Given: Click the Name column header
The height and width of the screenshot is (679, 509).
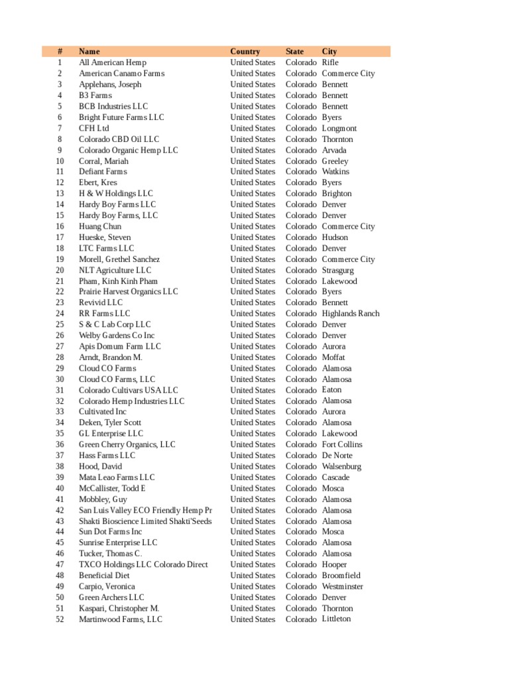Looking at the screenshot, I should coord(89,51).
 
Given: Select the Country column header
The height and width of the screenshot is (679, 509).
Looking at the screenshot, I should coord(245,51).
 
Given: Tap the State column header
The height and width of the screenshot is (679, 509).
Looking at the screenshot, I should coord(295,51).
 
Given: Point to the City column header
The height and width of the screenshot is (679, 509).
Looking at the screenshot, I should coord(329,51).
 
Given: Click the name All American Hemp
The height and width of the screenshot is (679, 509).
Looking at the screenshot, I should coord(112,62).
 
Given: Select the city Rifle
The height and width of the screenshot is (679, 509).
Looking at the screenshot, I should coord(330,62).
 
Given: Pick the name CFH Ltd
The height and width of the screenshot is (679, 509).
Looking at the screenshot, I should coord(94,128).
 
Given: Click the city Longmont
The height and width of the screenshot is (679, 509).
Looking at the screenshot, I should coord(339,128).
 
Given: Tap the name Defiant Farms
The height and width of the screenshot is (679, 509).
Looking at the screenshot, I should coord(103,171).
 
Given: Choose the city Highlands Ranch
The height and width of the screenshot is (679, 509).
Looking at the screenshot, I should coord(351,313).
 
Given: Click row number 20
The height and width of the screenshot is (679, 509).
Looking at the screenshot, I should coord(60,270).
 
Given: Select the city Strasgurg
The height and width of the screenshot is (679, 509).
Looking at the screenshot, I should coord(338,270).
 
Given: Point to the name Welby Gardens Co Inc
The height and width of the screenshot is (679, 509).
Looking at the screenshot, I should coord(117,336).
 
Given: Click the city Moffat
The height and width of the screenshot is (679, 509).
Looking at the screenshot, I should coord(333,357).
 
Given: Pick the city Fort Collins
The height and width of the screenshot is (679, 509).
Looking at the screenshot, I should coord(342,444).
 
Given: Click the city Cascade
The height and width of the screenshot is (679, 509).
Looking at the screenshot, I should coord(335,477).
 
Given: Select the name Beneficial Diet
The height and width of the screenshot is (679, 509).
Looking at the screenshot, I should coord(104,576).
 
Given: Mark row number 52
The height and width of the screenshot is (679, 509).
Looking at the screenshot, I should coord(60,619).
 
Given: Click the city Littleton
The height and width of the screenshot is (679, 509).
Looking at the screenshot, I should coord(337,619).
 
